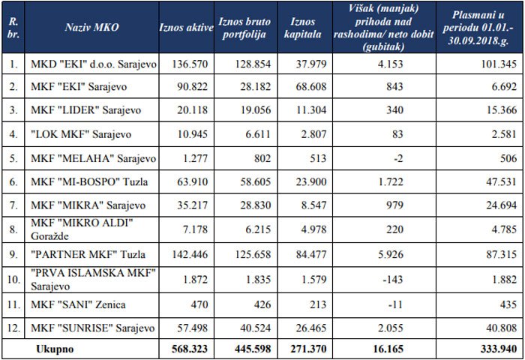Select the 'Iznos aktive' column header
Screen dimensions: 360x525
187,26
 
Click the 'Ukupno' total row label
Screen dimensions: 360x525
54,348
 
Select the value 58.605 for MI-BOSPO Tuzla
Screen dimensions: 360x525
252,182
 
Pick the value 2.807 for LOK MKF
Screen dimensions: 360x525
312,135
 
